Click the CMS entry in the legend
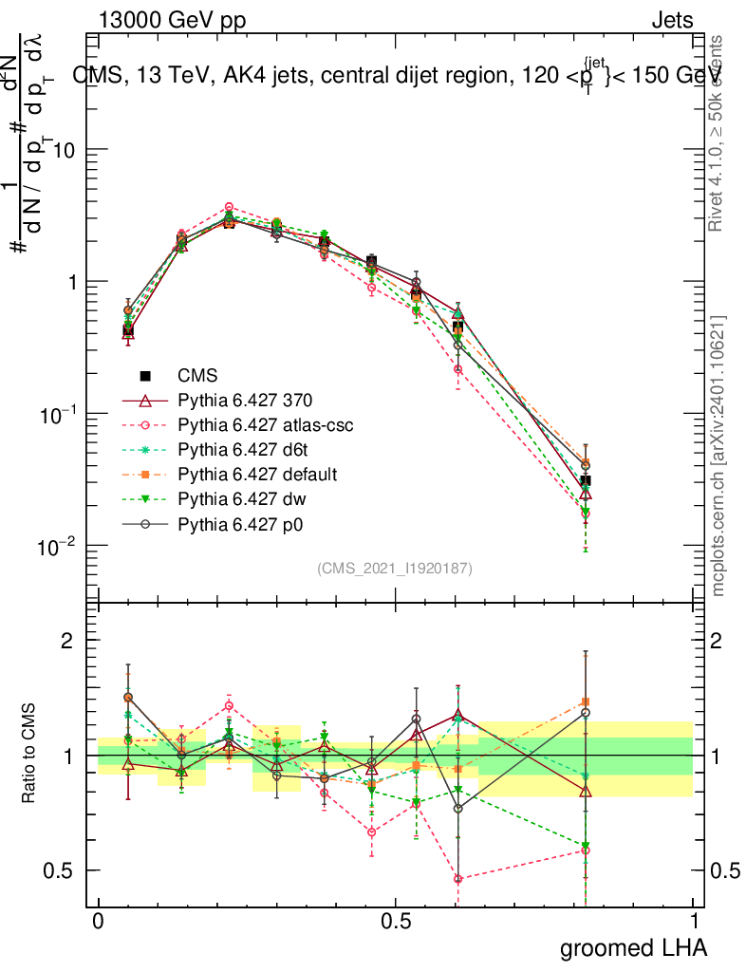(197, 376)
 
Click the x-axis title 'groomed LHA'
(634, 947)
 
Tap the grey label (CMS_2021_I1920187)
(395, 568)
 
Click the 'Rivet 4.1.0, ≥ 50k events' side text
(718, 133)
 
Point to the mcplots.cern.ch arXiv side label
(718, 456)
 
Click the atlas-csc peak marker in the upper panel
(229, 207)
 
